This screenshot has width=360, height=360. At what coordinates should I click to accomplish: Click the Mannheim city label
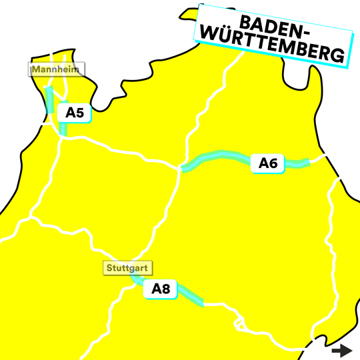[x=48, y=69]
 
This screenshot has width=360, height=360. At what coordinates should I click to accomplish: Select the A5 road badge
[x=74, y=113]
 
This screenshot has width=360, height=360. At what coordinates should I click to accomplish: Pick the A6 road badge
[x=267, y=163]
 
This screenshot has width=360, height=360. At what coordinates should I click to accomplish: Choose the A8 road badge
[x=161, y=289]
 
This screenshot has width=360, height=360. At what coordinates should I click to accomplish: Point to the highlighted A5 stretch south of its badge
[x=63, y=128]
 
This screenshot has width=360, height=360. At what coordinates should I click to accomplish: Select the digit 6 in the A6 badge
[x=273, y=163]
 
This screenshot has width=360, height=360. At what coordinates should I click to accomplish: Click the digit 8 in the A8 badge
[x=166, y=289]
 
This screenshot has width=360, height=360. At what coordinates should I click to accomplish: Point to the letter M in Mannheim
[x=34, y=69]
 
